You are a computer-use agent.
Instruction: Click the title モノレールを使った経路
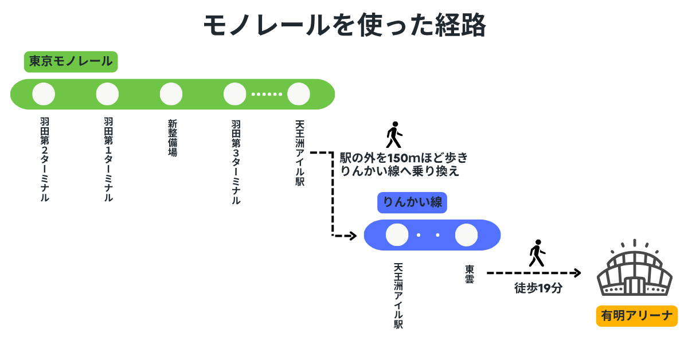(345, 26)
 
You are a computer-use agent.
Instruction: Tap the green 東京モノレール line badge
(71, 61)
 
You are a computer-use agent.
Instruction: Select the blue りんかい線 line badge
(412, 202)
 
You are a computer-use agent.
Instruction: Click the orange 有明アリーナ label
(636, 316)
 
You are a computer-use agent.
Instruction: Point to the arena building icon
(634, 272)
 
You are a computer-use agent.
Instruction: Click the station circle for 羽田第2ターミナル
(44, 94)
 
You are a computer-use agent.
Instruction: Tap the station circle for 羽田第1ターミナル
(107, 94)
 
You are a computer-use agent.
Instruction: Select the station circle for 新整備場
(171, 94)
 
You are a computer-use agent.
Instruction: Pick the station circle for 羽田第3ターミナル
(234, 94)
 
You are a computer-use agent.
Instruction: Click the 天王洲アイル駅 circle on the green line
(298, 94)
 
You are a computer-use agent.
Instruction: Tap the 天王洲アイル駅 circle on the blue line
(397, 234)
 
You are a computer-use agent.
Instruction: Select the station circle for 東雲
(466, 234)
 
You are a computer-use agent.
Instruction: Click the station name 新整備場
(172, 138)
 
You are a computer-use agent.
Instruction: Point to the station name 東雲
(469, 275)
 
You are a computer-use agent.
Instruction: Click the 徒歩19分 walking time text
(537, 289)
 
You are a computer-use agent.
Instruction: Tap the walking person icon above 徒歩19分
(537, 253)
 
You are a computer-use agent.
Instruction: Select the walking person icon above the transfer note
(393, 135)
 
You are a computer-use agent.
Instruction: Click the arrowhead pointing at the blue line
(353, 235)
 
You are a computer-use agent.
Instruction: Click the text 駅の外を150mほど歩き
(404, 158)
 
